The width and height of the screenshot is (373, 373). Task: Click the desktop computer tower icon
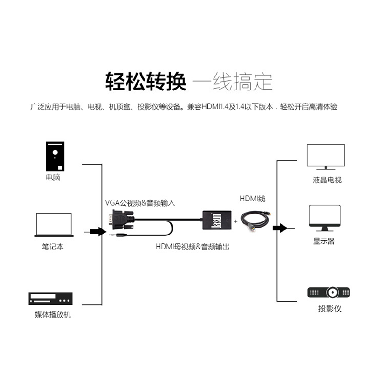coord(55,157)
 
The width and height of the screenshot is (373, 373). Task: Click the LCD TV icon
coord(326,157)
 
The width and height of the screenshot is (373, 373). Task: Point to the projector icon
coord(329,293)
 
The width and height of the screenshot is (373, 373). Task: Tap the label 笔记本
coord(53,247)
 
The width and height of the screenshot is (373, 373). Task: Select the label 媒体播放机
coord(53,315)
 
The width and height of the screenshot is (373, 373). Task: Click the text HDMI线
coord(252,199)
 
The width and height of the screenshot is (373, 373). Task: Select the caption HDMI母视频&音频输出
coord(192,247)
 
